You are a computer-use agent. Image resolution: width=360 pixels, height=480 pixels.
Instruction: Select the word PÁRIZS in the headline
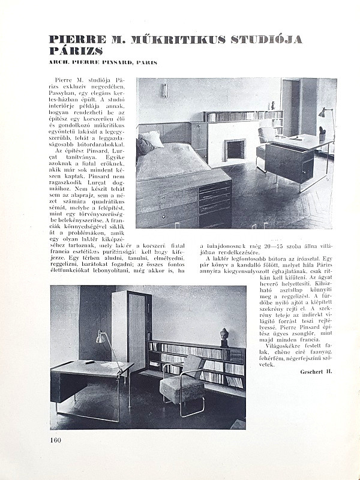pos(76,51)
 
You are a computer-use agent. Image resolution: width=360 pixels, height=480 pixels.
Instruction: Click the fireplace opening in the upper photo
pos(235,149)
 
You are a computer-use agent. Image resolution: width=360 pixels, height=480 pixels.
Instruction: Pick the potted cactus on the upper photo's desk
pos(323,130)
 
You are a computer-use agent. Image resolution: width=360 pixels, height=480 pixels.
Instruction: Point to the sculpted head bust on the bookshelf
pos(224,334)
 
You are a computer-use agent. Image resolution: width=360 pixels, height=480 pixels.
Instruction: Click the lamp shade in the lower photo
pos(101,337)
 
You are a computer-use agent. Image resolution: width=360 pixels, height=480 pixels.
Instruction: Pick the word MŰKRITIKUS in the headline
pos(175,40)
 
